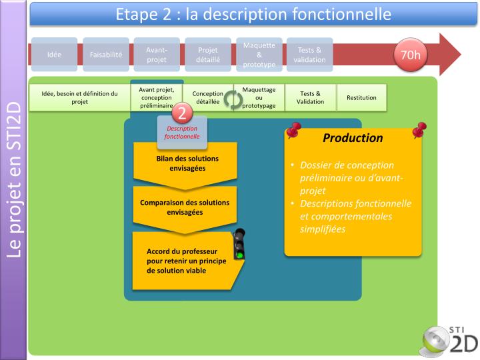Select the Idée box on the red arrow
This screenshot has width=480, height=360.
coord(54,55)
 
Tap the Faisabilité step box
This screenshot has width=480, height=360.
coord(106,55)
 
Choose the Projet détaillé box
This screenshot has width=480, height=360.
coord(208,55)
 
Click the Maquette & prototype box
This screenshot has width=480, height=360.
coord(259,55)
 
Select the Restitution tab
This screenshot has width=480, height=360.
coord(361,98)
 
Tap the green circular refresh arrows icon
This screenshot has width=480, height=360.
coord(233,99)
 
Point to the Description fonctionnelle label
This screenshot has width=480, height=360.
coord(183,132)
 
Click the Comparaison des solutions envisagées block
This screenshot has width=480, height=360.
coord(185,207)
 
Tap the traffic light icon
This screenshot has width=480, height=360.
coord(239,244)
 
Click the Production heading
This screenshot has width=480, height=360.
coord(353,139)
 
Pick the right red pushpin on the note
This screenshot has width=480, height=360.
coord(419,129)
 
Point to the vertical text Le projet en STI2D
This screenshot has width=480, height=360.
coord(14,180)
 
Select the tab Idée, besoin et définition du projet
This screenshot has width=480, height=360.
coord(79,98)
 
